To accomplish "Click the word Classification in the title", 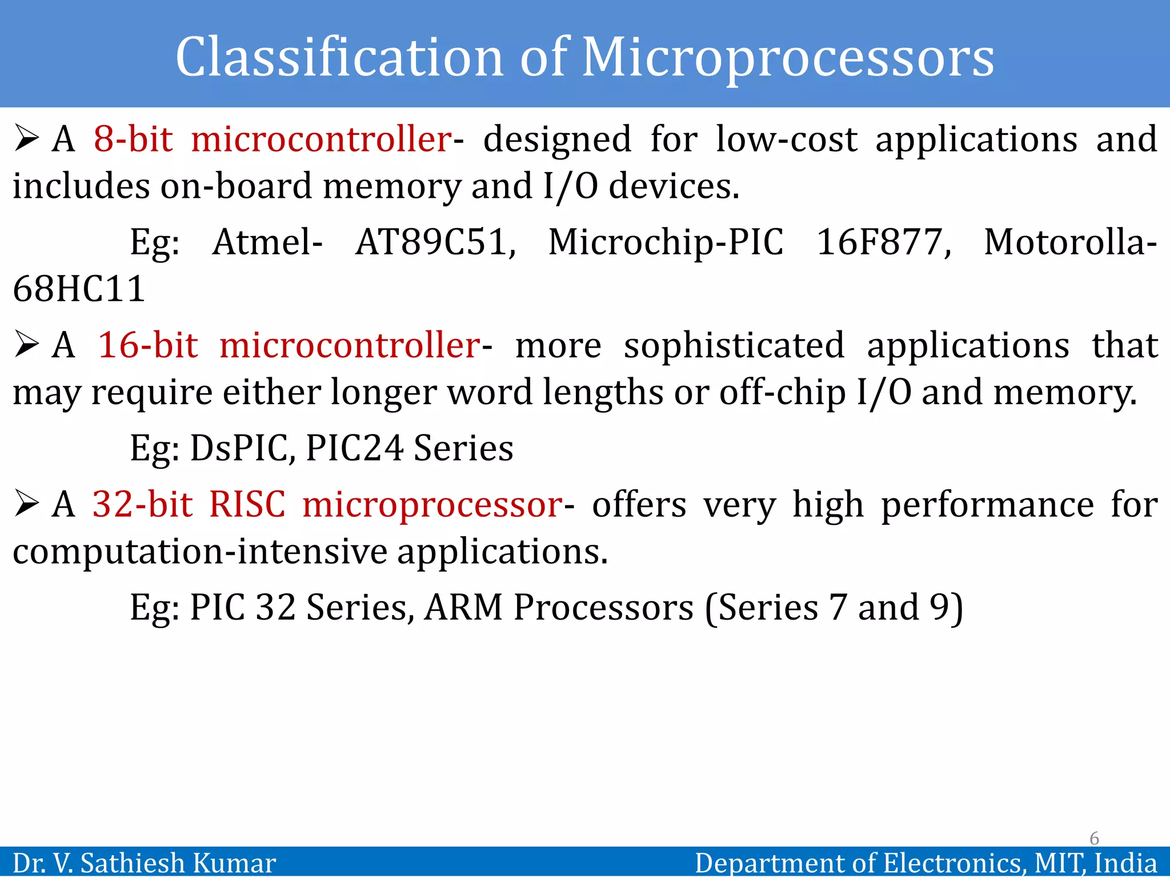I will pos(339,57).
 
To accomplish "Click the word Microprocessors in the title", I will pos(788,57).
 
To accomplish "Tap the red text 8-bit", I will pos(133,139).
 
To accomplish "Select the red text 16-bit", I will pos(148,345).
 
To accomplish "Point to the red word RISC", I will pos(247,505).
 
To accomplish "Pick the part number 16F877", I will pos(883,242).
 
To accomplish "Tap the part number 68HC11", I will pos(79,289).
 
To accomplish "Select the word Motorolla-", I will pos(1070,242).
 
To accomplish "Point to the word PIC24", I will pos(355,448).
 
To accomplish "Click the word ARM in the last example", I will pos(463,607).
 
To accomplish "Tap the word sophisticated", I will pos(734,345).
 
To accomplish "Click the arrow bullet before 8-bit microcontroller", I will pos(26,139).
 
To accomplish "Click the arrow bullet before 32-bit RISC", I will pos(26,504).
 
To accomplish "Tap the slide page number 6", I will pos(1094,838).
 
